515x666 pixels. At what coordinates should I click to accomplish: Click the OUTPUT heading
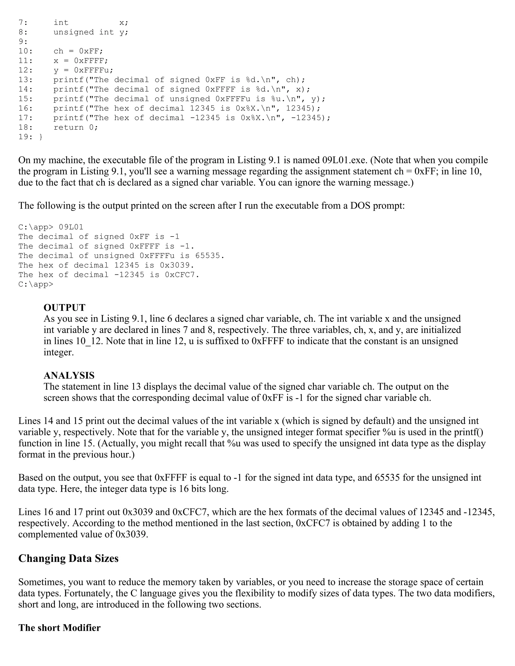[64, 307]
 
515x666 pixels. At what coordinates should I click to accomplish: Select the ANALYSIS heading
[69, 375]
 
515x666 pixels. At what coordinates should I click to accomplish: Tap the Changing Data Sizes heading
[68, 558]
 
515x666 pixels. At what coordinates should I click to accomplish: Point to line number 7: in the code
[23, 23]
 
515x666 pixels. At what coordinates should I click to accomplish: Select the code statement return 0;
[76, 127]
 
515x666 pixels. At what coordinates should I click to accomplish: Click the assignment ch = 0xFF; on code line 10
[78, 51]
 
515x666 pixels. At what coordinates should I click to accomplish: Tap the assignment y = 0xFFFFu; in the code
[83, 70]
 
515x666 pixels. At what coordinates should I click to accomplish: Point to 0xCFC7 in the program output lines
[180, 275]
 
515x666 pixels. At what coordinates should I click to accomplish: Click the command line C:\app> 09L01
[51, 227]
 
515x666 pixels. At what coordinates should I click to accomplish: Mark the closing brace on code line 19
[41, 137]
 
